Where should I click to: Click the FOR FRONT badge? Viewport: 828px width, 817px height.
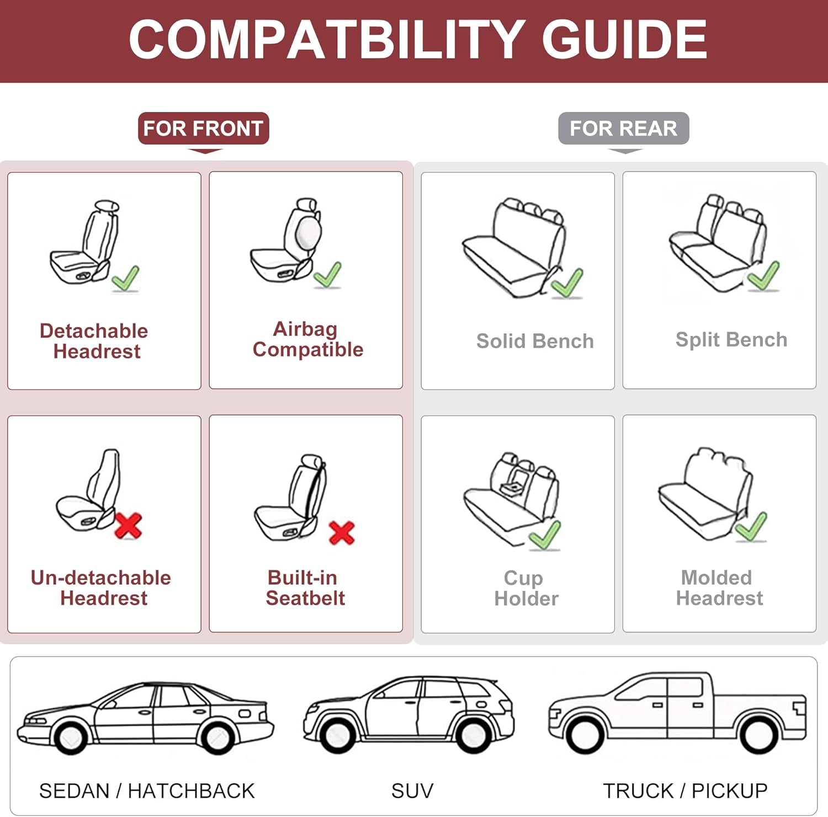coord(203,129)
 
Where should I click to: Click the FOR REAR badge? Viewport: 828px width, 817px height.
coord(623,129)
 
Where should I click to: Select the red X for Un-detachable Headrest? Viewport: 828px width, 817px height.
coord(128,526)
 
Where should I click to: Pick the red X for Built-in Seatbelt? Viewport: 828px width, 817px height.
coord(341,532)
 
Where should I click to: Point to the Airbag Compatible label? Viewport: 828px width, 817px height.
coord(307,339)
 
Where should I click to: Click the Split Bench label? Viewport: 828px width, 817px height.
coord(731,340)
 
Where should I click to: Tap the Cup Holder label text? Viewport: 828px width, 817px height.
coord(526,588)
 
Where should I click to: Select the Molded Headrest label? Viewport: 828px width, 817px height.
coord(719,588)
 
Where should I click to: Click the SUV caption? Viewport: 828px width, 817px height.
coord(412,791)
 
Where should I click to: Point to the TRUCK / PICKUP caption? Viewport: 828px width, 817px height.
coord(685,791)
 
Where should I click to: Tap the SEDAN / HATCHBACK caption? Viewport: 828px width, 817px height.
coord(147,791)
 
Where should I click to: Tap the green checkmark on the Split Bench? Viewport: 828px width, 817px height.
coord(763,275)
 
